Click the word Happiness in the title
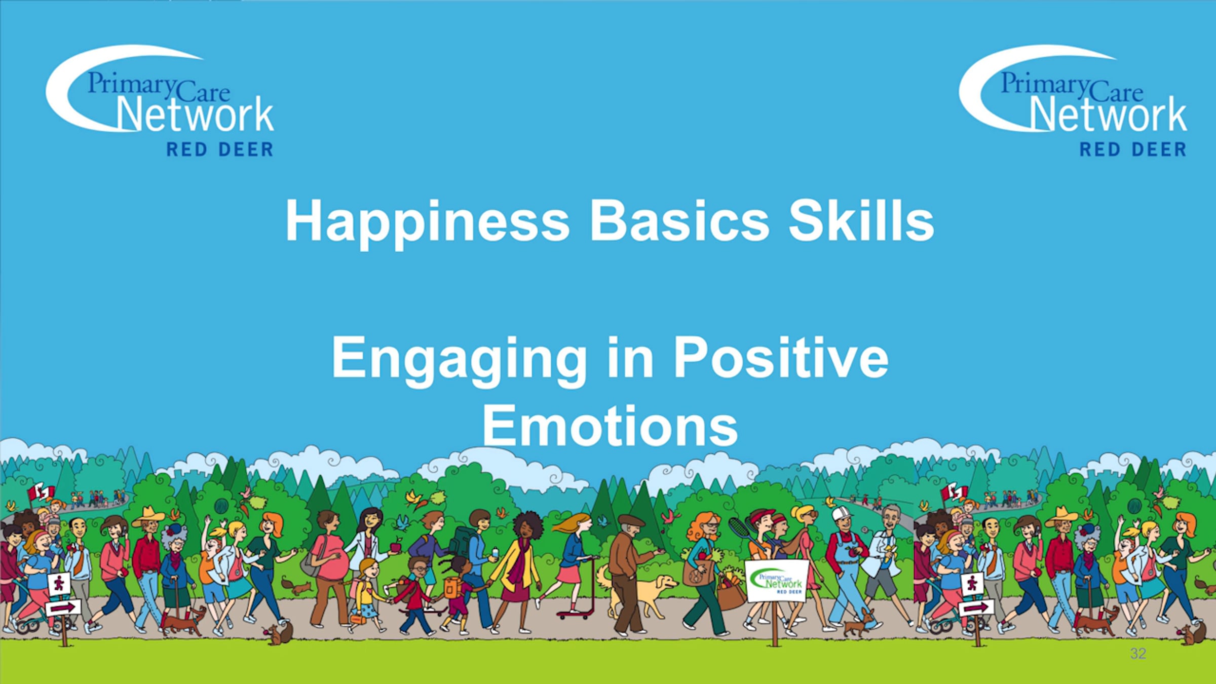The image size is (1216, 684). tap(428, 222)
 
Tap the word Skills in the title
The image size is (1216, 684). tap(861, 221)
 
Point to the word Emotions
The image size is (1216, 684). tap(610, 426)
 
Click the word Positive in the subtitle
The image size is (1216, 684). tap(781, 357)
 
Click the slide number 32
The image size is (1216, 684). tap(1137, 654)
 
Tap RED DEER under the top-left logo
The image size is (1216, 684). tap(220, 149)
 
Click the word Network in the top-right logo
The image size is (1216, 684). tap(1108, 114)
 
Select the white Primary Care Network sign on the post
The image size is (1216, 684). tap(776, 580)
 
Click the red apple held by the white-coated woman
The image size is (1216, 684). tap(395, 547)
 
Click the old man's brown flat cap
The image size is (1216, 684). tap(631, 519)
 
